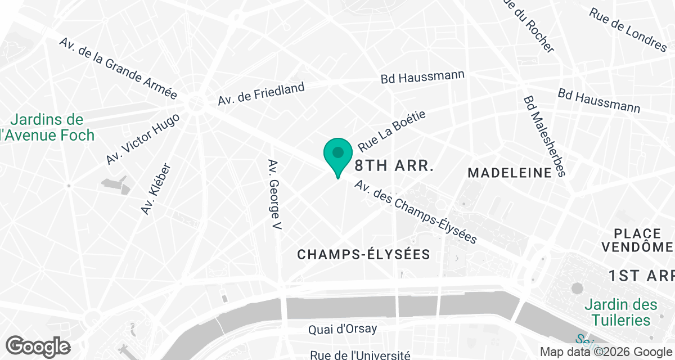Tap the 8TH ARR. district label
[x=394, y=166]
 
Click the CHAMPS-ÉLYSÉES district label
[x=364, y=255]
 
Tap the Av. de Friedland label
[x=261, y=94]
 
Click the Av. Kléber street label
[x=155, y=189]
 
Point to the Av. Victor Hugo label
[x=142, y=139]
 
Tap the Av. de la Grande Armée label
[x=118, y=69]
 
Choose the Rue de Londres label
[x=628, y=29]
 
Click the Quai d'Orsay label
[x=343, y=329]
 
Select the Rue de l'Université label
[x=360, y=354]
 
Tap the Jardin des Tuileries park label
[x=620, y=313]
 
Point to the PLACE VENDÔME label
[x=637, y=240]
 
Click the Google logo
[x=38, y=345]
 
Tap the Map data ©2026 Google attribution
[x=605, y=352]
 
